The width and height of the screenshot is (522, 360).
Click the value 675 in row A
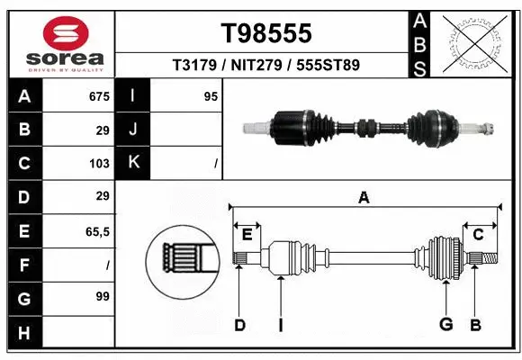99,95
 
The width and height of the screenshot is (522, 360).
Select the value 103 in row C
99,164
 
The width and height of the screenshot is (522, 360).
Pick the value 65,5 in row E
96,232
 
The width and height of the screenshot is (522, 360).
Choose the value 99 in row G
102,295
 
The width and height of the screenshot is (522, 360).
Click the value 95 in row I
211,95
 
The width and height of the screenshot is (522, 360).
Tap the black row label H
23,333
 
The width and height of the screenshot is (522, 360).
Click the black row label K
134,163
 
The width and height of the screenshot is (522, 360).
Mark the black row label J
134,130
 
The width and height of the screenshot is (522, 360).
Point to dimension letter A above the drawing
364,198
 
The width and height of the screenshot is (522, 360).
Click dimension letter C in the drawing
479,234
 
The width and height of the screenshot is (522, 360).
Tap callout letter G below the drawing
445,325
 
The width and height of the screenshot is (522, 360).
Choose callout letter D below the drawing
239,325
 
